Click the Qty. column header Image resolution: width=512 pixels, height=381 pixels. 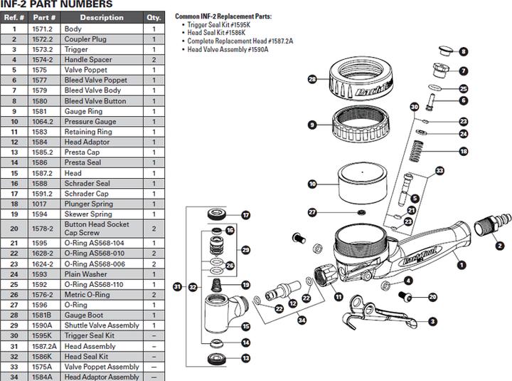153,18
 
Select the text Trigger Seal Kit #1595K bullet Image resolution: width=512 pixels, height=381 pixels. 221,24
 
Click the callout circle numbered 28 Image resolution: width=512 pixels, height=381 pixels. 311,80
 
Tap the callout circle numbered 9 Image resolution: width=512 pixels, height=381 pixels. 311,125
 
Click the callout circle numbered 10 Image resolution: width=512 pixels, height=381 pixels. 311,184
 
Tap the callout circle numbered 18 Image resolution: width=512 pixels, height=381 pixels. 463,151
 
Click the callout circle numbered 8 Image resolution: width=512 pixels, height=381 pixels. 463,51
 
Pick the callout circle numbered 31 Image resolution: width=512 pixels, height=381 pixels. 177,287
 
